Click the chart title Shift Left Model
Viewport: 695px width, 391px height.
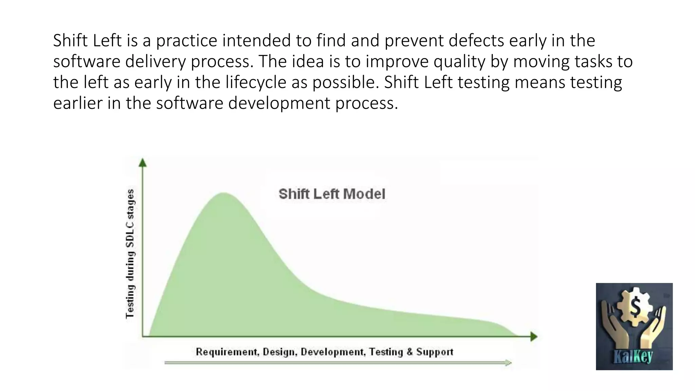coord(332,194)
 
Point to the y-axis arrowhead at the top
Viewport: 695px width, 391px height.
coord(143,163)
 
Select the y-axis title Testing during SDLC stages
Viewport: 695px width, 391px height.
coord(130,254)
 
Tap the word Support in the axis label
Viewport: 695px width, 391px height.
coord(435,352)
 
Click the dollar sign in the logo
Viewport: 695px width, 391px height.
coord(635,306)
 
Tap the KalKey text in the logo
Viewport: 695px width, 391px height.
coord(633,356)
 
